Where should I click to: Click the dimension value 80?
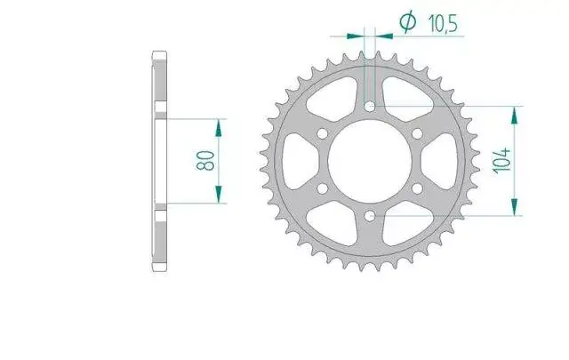[x=205, y=161]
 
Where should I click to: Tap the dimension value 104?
[x=502, y=160]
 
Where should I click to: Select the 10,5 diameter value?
[x=443, y=24]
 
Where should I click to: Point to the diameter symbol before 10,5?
[x=407, y=21]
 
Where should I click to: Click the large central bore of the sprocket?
[x=370, y=162]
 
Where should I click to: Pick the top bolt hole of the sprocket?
[x=370, y=107]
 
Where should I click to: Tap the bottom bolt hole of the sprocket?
[x=370, y=216]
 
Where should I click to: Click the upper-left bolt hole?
[x=322, y=134]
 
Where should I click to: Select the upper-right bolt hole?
[x=417, y=134]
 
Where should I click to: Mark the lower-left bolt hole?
[x=322, y=188]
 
